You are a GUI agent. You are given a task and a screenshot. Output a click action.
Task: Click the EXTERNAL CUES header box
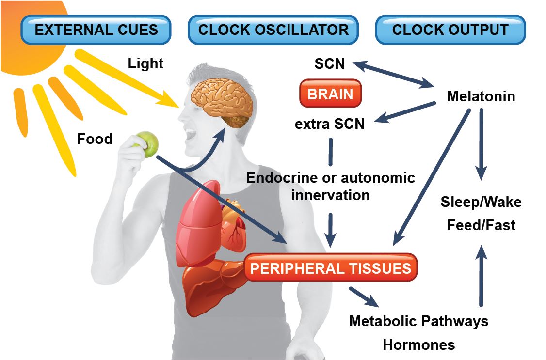pyautogui.click(x=96, y=30)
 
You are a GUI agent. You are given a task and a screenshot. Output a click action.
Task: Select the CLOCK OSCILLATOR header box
pyautogui.click(x=273, y=30)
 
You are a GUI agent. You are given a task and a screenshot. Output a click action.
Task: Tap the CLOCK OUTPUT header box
pyautogui.click(x=450, y=30)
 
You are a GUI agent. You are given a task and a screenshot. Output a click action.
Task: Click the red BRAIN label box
pyautogui.click(x=331, y=94)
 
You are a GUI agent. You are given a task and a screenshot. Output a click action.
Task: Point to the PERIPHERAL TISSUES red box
pyautogui.click(x=331, y=268)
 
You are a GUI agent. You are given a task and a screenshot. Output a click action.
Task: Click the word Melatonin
pyautogui.click(x=481, y=96)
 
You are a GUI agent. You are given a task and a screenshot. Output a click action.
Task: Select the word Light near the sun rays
pyautogui.click(x=145, y=63)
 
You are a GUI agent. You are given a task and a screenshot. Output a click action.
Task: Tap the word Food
pyautogui.click(x=95, y=140)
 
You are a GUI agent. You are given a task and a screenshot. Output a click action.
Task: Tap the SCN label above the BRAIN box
pyautogui.click(x=330, y=63)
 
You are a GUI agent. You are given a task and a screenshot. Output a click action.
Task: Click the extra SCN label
pyautogui.click(x=330, y=124)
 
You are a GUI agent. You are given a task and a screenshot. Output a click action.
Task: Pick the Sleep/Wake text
pyautogui.click(x=481, y=202)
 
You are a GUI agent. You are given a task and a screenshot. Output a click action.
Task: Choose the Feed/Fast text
pyautogui.click(x=481, y=225)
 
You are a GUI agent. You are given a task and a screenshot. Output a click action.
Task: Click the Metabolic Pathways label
pyautogui.click(x=418, y=321)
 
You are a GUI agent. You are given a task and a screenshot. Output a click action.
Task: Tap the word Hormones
pyautogui.click(x=418, y=344)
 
